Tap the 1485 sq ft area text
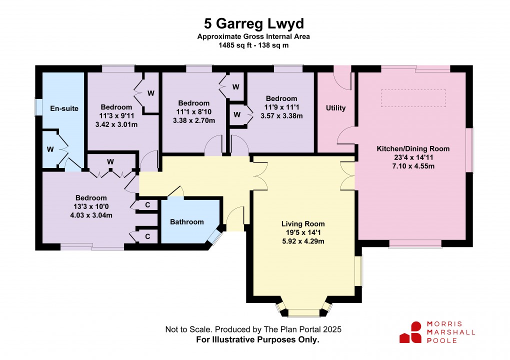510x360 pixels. tap(254, 45)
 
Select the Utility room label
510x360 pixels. tap(335, 108)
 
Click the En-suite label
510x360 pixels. tap(61, 108)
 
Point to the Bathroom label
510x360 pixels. tap(186, 222)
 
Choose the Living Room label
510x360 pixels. tap(303, 224)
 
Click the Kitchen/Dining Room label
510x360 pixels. tap(413, 148)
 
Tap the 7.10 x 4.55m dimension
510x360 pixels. tap(413, 165)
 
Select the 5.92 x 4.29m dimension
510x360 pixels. tap(303, 241)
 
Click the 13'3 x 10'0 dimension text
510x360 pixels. tap(91, 207)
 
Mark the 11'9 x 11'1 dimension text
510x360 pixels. tap(281, 107)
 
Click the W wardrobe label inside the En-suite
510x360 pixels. tap(50, 149)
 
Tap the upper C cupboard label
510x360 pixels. tap(147, 205)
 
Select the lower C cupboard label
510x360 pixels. tap(147, 236)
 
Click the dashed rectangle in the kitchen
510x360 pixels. tap(413, 97)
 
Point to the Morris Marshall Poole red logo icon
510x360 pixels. tap(410, 332)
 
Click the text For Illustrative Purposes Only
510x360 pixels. tap(257, 339)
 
